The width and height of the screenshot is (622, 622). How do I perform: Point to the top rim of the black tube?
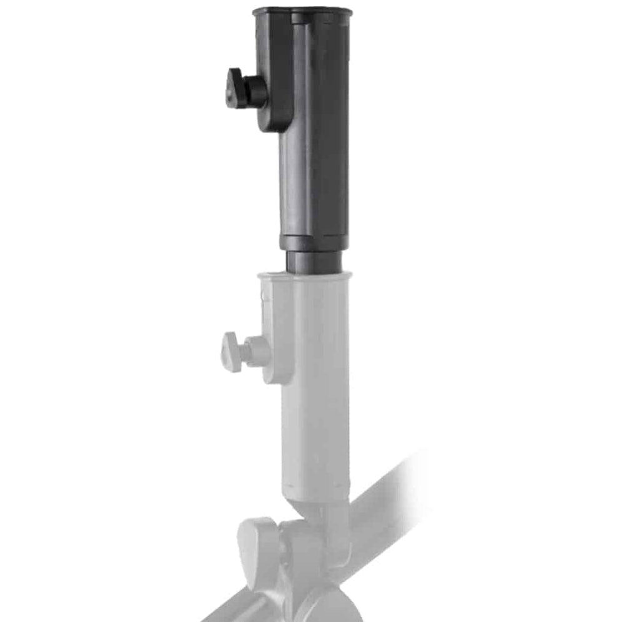[x=302, y=11]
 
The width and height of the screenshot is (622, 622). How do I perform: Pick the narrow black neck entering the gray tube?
[x=314, y=262]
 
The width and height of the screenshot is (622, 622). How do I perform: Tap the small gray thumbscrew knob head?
[x=231, y=352]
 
